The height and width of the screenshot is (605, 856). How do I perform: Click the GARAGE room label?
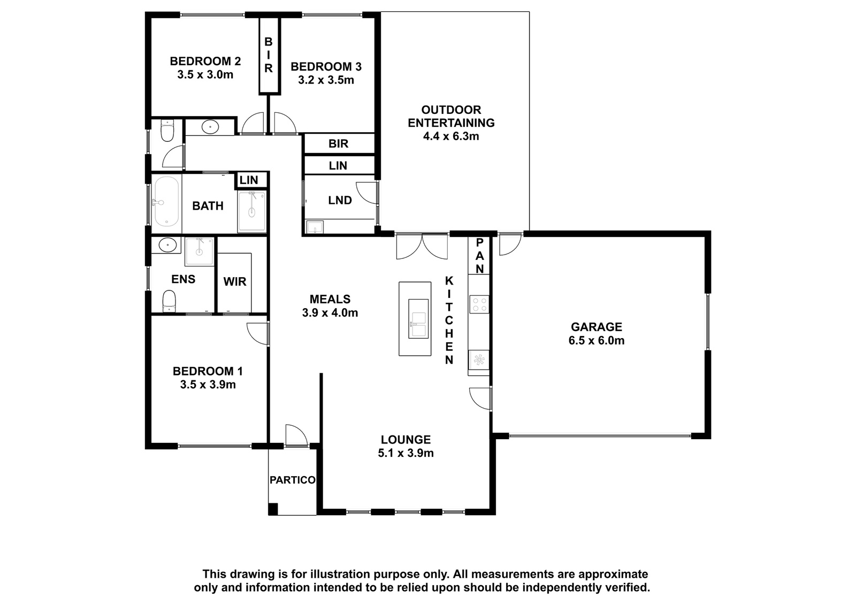(596, 327)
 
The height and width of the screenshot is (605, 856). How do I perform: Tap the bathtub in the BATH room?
(166, 202)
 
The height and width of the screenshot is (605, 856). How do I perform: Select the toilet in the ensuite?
(169, 301)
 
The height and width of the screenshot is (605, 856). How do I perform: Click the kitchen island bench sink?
(418, 319)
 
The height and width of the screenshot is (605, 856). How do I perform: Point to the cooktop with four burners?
(479, 304)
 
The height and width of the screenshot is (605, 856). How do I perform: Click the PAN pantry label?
(479, 256)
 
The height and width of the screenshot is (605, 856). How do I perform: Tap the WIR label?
(235, 282)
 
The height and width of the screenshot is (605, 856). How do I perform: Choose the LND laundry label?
(340, 200)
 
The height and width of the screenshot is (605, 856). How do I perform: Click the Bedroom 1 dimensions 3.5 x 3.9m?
(208, 385)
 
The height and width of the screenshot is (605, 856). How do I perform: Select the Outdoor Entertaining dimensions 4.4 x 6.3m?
(451, 136)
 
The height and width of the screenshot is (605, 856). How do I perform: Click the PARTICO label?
(293, 480)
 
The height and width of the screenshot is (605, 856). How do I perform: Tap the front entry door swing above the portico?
(296, 435)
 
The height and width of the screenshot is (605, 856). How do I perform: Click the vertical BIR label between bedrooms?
(269, 55)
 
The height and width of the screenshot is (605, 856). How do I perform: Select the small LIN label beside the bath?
(249, 180)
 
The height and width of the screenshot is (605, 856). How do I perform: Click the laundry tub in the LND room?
(315, 227)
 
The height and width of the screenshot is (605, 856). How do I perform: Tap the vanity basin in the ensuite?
(167, 245)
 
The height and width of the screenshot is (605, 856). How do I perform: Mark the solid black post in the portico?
(273, 509)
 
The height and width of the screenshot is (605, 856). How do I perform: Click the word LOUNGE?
(406, 440)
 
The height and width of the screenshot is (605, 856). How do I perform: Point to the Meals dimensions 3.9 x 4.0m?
(330, 313)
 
